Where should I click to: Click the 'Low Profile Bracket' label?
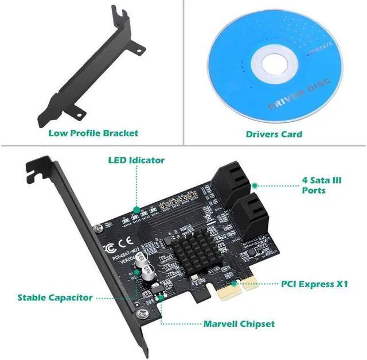(x=93, y=133)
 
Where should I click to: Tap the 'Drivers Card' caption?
(x=274, y=134)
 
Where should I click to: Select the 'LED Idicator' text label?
(x=136, y=160)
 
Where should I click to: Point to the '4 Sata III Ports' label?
(x=322, y=185)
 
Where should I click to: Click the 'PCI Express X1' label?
(x=315, y=284)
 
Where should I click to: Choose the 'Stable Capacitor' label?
(x=55, y=297)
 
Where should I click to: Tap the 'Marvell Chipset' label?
(x=239, y=324)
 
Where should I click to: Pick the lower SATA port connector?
(x=253, y=211)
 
